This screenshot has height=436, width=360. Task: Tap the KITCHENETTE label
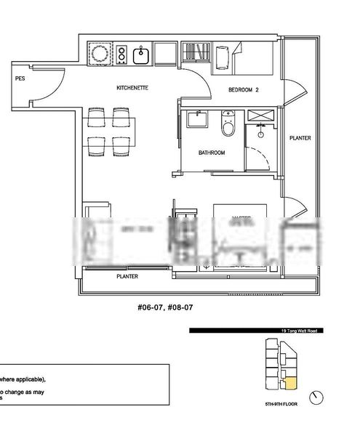pyautogui.click(x=132, y=88)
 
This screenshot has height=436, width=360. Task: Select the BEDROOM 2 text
pyautogui.click(x=244, y=90)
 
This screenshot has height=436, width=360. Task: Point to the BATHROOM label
pyautogui.click(x=212, y=153)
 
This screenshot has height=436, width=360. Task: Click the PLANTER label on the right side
pyautogui.click(x=301, y=138)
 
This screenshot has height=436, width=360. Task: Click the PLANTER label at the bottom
pyautogui.click(x=128, y=277)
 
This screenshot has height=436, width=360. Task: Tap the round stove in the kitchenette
pyautogui.click(x=98, y=53)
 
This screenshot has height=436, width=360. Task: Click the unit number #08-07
pyautogui.click(x=180, y=307)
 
